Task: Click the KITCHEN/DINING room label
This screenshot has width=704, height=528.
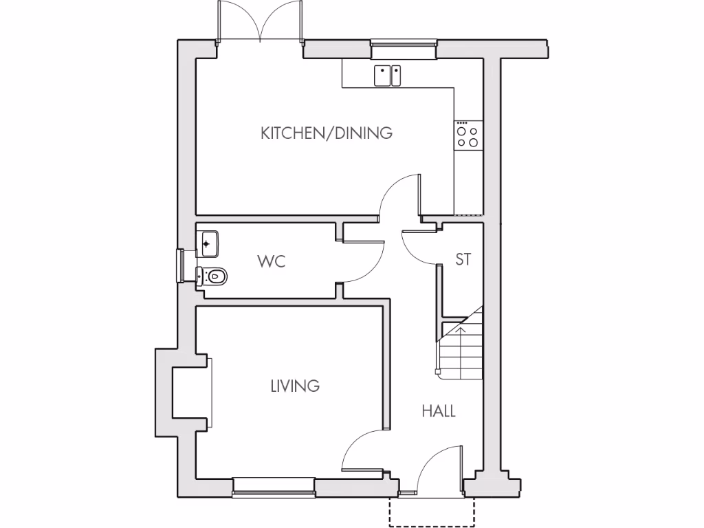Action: [327, 133]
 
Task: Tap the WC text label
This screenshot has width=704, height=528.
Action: [271, 262]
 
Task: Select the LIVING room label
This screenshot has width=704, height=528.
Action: [295, 386]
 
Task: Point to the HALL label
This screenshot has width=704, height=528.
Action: [439, 411]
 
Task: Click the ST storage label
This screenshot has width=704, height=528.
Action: [463, 260]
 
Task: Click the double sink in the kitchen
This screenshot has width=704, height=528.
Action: [388, 76]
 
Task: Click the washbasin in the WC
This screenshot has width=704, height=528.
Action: [208, 243]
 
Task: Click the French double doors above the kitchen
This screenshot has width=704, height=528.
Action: [260, 22]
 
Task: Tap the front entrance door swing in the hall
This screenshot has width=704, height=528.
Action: [440, 467]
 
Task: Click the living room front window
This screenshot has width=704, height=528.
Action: [274, 487]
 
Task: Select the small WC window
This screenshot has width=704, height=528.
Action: [181, 265]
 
